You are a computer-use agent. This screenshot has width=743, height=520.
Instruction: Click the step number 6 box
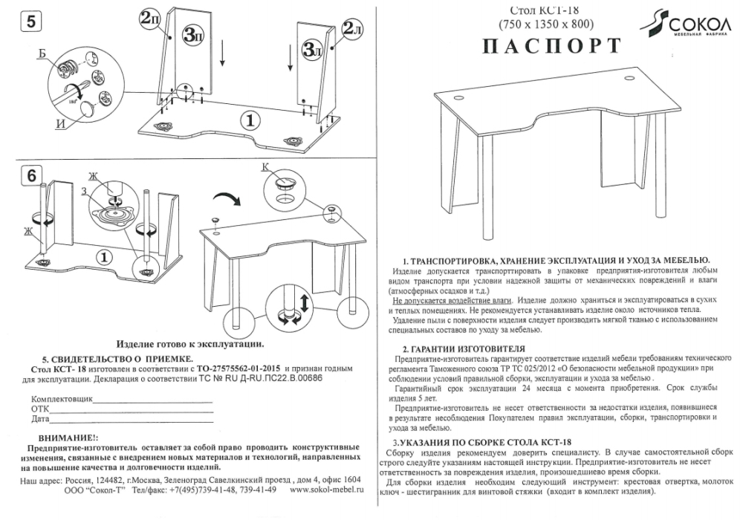click(30, 177)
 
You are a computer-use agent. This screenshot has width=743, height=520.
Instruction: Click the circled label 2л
click(352, 30)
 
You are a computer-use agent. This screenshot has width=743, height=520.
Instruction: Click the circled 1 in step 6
click(106, 257)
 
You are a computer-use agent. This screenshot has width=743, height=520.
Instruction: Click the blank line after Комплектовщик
click(152, 400)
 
